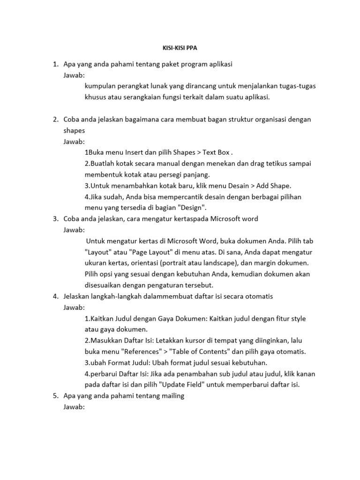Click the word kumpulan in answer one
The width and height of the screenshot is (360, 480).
click(100, 85)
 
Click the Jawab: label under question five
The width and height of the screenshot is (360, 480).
click(74, 407)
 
